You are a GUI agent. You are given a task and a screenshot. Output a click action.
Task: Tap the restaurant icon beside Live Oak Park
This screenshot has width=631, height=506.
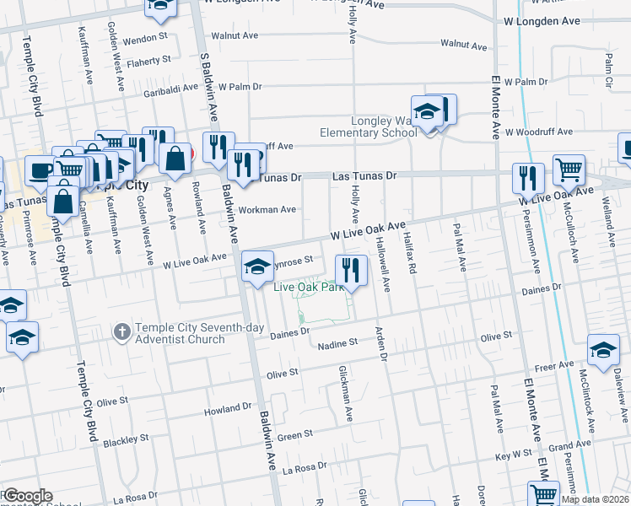pos(352,270)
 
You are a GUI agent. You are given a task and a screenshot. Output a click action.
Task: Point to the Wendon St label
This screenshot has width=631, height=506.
pos(146,39)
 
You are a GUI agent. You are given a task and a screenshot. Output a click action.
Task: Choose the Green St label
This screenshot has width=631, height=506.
pos(295,434)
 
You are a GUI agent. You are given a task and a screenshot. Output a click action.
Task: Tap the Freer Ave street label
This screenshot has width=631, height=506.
pos(553,367)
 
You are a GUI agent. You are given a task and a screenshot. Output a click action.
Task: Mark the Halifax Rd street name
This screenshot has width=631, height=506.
pos(411,253)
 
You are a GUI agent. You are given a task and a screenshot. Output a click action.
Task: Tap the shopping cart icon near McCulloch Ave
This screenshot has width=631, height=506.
pos(569,170)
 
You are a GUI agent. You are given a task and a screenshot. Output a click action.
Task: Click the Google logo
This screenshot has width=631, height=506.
pos(27,496)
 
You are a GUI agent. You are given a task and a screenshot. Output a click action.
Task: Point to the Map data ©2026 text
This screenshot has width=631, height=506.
pos(594,499)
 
